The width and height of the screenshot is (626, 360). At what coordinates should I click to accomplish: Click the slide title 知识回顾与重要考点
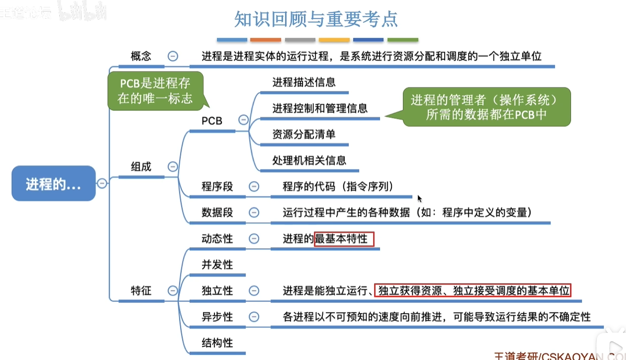pyautogui.click(x=316, y=19)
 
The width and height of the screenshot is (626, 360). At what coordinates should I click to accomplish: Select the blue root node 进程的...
pyautogui.click(x=53, y=183)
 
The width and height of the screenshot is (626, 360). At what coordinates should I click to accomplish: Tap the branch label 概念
pyautogui.click(x=141, y=56)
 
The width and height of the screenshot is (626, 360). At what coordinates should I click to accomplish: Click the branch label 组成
pyautogui.click(x=141, y=167)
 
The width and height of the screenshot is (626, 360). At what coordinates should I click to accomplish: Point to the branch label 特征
pyautogui.click(x=141, y=290)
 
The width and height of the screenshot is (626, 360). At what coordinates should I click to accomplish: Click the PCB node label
pyautogui.click(x=212, y=120)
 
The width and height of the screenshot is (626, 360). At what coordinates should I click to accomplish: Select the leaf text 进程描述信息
pyautogui.click(x=304, y=82)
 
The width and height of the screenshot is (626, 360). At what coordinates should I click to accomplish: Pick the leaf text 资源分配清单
pyautogui.click(x=304, y=134)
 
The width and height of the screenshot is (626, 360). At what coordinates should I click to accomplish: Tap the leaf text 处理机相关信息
pyautogui.click(x=309, y=160)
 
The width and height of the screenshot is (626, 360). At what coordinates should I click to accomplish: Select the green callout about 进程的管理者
pyautogui.click(x=487, y=107)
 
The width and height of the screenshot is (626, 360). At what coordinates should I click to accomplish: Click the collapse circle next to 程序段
pyautogui.click(x=254, y=186)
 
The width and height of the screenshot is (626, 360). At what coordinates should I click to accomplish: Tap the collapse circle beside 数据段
pyautogui.click(x=254, y=213)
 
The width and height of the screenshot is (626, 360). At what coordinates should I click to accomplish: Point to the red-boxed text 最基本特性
pyautogui.click(x=344, y=239)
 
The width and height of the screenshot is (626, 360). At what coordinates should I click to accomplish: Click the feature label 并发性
pyautogui.click(x=217, y=265)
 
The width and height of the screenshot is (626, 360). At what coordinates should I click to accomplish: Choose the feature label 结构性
pyautogui.click(x=217, y=343)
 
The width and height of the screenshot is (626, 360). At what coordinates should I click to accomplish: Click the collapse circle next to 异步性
pyautogui.click(x=254, y=317)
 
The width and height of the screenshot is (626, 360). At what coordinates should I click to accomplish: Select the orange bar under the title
pyautogui.click(x=266, y=40)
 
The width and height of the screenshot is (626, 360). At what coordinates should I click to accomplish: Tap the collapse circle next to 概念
pyautogui.click(x=173, y=56)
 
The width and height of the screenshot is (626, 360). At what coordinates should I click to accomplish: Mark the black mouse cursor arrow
pyautogui.click(x=419, y=198)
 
